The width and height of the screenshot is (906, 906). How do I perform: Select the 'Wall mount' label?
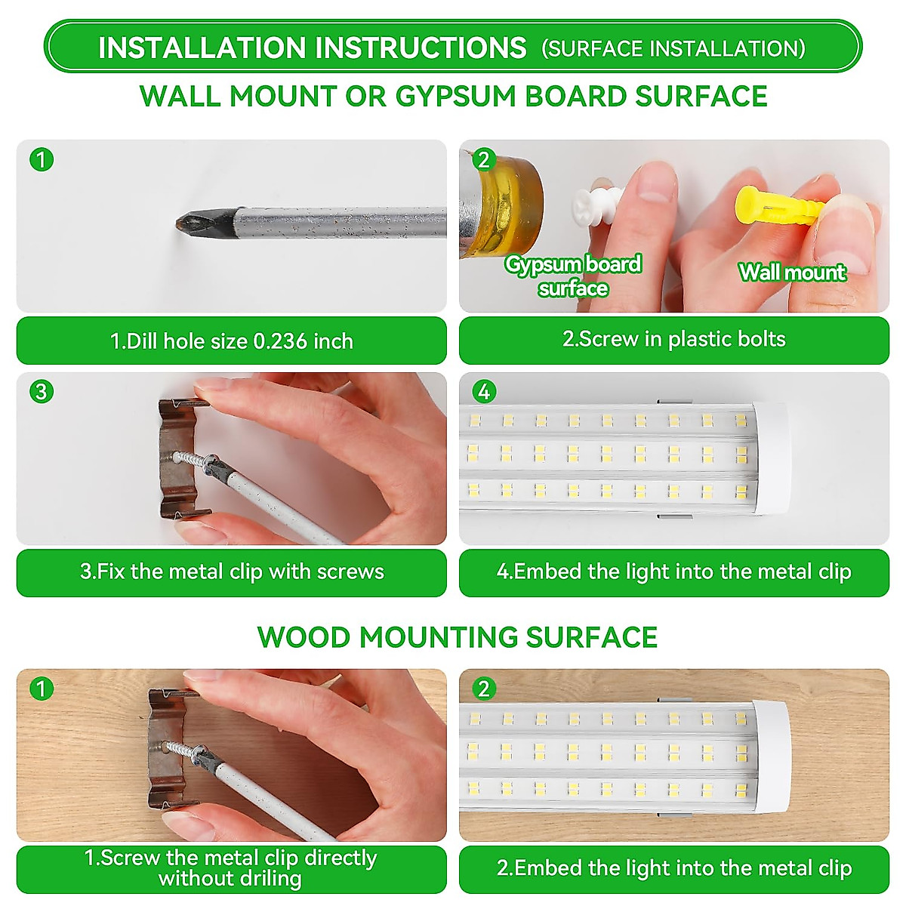pos(792,273)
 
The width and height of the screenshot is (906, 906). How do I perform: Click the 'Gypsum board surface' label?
pos(573,276)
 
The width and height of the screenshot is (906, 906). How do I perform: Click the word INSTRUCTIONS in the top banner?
pos(421,48)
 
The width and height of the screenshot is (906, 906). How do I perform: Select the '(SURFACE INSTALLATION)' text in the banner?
pos(673,48)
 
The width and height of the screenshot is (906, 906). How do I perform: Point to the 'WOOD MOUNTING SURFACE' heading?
pos(457,637)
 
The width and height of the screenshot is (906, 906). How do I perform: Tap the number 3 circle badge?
pos(42,391)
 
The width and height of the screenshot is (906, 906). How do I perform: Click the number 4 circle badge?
pos(484,391)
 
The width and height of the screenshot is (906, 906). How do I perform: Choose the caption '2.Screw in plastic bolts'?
pos(673,339)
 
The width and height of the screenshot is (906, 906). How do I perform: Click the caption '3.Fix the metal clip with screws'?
pos(232,572)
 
